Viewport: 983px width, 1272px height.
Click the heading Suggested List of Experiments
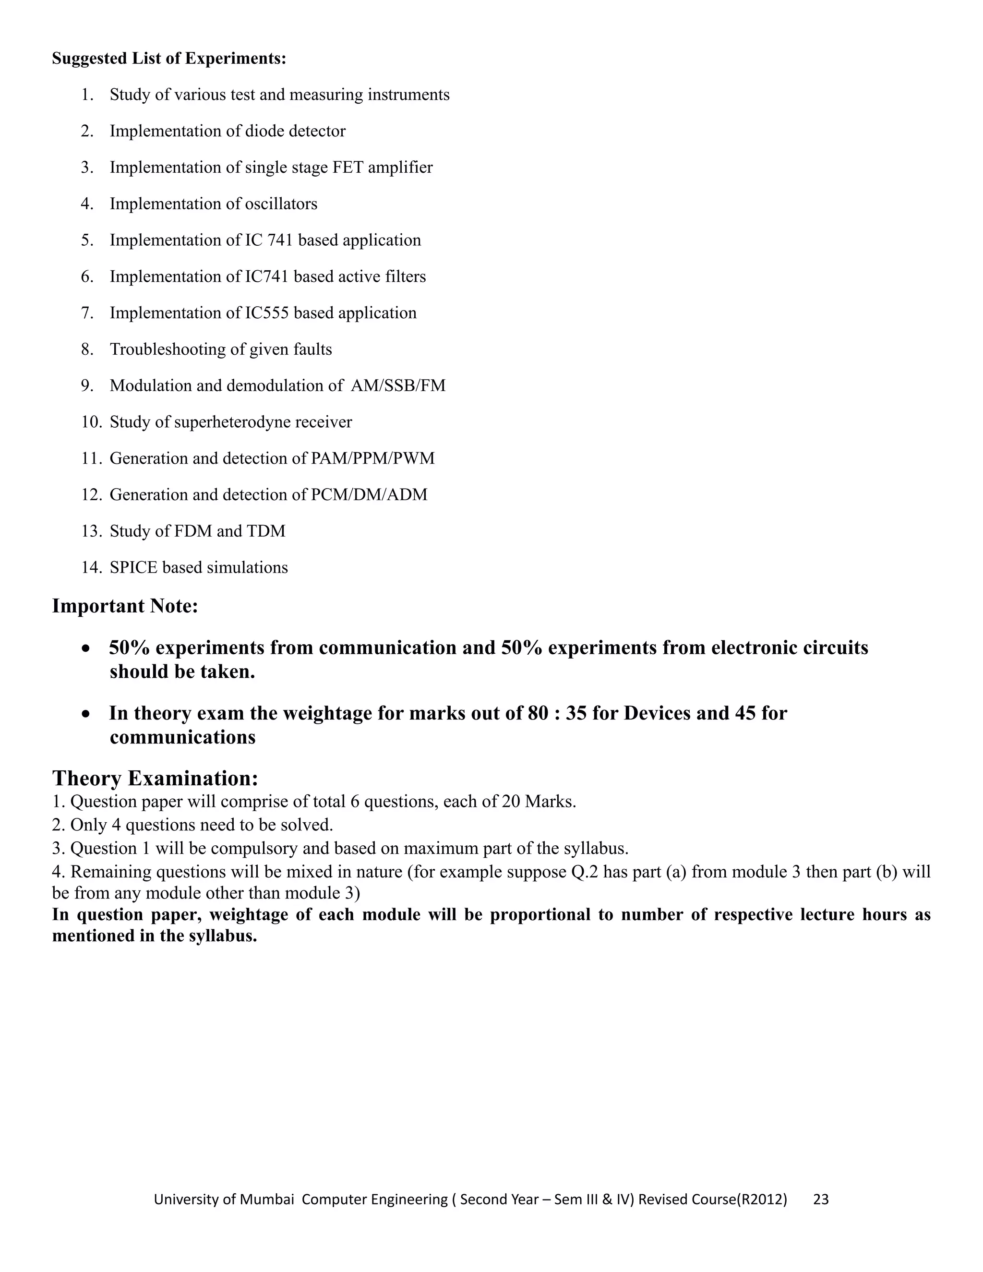point(169,59)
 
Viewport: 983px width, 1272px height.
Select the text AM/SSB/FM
point(398,386)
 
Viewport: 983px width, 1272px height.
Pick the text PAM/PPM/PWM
point(372,459)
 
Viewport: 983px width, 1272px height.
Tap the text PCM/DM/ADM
point(369,495)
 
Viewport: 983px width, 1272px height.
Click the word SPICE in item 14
point(133,568)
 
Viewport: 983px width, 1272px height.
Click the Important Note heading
point(125,606)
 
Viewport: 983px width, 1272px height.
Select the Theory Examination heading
point(155,778)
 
